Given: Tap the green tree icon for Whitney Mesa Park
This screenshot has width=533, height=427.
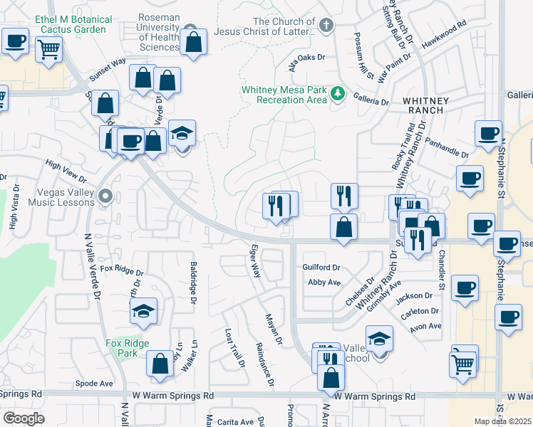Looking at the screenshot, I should click(339, 95).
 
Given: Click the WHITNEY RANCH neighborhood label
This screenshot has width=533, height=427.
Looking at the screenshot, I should click(426, 107).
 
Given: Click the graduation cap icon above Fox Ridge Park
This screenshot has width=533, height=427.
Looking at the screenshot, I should click(143, 311).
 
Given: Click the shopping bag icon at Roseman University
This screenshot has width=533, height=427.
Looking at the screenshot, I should click(193, 42).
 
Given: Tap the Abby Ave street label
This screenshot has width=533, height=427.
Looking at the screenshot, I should click(324, 283).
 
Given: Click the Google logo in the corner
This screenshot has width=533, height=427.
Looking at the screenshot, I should click(24, 418).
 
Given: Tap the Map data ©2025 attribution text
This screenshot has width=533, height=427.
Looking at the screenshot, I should click(502, 421).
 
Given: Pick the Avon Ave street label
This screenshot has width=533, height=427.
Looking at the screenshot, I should click(425, 327).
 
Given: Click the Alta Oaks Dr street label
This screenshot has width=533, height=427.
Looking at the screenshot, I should click(306, 58).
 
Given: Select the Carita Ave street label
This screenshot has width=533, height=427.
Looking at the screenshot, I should click(236, 422).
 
